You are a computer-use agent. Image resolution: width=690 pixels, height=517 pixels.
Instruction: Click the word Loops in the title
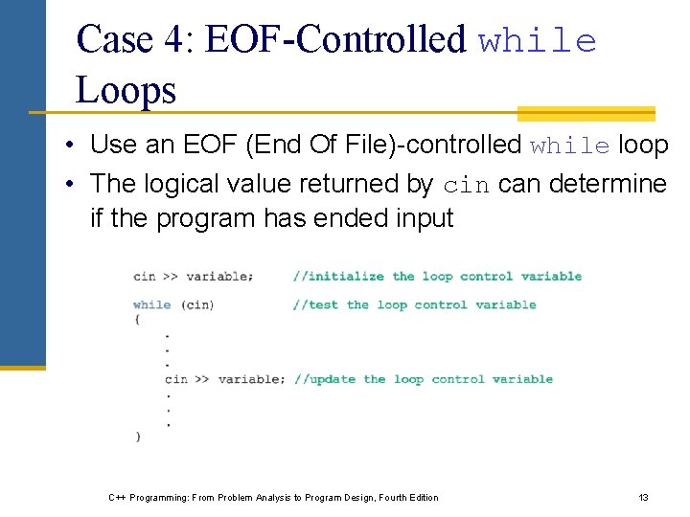click(126, 91)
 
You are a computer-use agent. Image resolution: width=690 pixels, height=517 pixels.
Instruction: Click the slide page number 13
click(643, 497)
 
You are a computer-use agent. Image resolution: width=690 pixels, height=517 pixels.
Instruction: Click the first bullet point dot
click(71, 146)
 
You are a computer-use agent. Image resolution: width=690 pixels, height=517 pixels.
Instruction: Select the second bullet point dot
click(71, 185)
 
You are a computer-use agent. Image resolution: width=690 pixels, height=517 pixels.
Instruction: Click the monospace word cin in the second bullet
click(467, 185)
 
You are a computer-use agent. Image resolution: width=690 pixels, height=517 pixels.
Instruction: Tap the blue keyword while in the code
click(152, 305)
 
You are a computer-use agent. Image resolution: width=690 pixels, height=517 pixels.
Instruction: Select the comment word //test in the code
click(316, 305)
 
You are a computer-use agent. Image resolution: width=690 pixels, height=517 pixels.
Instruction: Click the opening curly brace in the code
click(138, 319)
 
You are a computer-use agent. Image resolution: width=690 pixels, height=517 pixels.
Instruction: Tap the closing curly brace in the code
click(138, 436)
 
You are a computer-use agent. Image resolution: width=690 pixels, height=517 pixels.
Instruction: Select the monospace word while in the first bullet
click(569, 146)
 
